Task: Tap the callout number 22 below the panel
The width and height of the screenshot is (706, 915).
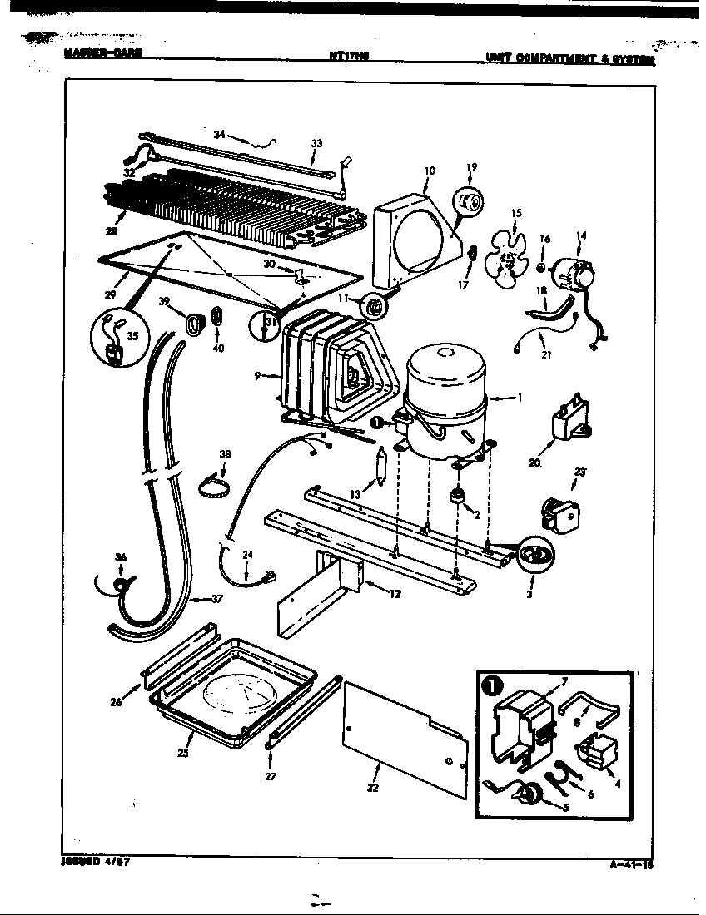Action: [372, 788]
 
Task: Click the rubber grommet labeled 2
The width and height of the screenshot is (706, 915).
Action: [457, 497]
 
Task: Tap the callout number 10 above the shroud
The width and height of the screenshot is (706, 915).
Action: [429, 171]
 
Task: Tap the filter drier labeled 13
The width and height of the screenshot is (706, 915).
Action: [381, 466]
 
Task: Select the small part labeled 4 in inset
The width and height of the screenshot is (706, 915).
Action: [599, 752]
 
